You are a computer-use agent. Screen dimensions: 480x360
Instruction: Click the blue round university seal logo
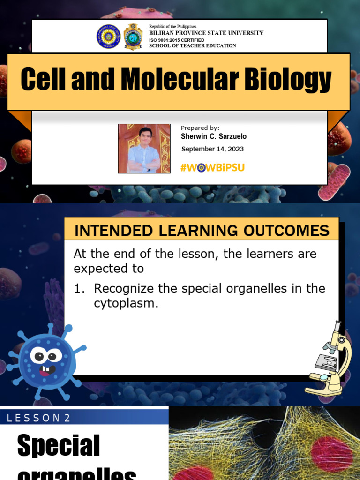pyautogui.click(x=109, y=37)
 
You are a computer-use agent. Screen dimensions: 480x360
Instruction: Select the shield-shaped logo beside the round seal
pyautogui.click(x=133, y=37)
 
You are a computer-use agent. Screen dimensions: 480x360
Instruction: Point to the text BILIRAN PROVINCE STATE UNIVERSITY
pyautogui.click(x=206, y=33)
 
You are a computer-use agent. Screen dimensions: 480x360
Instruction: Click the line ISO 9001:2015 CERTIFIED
pyautogui.click(x=177, y=40)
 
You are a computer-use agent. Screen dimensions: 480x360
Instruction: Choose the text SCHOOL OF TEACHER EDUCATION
pyautogui.click(x=193, y=46)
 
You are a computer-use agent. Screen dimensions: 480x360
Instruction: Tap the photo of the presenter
pyautogui.click(x=144, y=149)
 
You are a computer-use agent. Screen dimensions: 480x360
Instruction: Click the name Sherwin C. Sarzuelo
pyautogui.click(x=214, y=136)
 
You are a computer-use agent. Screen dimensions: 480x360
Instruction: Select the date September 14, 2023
pyautogui.click(x=212, y=149)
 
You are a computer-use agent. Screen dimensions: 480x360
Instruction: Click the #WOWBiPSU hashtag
pyautogui.click(x=212, y=167)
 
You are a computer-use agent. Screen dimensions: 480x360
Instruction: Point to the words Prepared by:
pyautogui.click(x=200, y=128)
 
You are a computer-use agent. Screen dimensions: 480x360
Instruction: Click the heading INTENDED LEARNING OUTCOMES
pyautogui.click(x=202, y=231)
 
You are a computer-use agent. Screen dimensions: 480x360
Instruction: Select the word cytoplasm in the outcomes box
pyautogui.click(x=126, y=303)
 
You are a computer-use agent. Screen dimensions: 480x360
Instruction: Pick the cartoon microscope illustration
pyautogui.click(x=330, y=359)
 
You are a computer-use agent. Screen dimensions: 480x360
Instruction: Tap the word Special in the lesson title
pyautogui.click(x=59, y=446)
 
